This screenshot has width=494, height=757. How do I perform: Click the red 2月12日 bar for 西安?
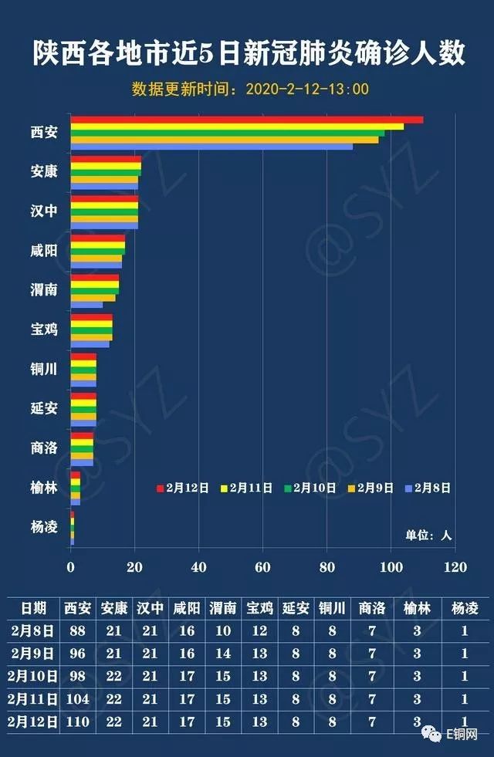point(247,120)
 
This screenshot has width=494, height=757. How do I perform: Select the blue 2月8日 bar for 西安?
point(211,147)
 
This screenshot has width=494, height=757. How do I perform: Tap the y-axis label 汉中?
point(44,211)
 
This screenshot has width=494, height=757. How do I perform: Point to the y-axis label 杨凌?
point(44,528)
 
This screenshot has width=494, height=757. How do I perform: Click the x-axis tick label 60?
point(263,568)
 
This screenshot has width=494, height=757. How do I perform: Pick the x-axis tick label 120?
point(455,568)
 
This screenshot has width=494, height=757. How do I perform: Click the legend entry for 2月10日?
point(311,488)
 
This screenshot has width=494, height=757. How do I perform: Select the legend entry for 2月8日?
point(428,488)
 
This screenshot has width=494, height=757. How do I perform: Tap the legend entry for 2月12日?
point(183,488)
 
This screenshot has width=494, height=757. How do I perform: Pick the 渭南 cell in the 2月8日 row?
point(223,630)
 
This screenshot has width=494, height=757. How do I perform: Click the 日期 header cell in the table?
point(33,608)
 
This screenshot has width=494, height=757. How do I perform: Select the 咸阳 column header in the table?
point(187,608)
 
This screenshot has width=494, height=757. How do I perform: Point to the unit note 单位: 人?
point(428,535)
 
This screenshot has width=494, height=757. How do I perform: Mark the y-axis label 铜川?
point(44,370)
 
